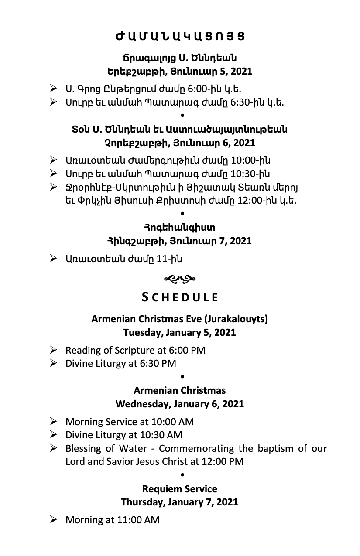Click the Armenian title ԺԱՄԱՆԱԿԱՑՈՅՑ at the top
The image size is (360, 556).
point(180,36)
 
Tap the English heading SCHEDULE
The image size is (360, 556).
point(180,297)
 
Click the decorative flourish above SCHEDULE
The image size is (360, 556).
point(180,277)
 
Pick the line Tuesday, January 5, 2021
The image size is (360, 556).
point(180,332)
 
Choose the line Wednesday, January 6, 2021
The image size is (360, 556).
point(180,404)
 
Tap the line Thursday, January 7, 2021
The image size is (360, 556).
point(180,502)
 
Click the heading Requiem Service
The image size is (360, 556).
point(180,489)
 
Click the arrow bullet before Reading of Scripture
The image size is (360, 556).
point(54,350)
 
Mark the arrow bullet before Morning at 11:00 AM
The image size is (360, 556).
point(54,519)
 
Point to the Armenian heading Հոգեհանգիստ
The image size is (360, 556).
point(180,227)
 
